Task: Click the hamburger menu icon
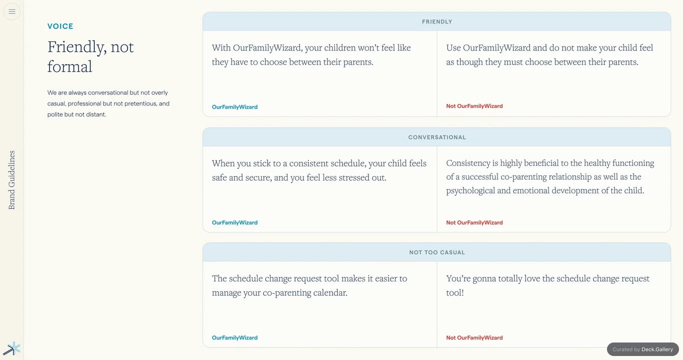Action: [x=12, y=11]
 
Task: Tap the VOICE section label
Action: [x=60, y=26]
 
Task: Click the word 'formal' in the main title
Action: [x=69, y=66]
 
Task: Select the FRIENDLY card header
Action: [x=436, y=21]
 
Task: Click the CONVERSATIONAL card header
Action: [x=436, y=137]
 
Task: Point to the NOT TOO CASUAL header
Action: [x=436, y=252]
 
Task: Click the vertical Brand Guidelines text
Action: [x=11, y=180]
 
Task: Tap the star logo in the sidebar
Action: [x=12, y=348]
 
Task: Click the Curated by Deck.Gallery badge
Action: [x=643, y=349]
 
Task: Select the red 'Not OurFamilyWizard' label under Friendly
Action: [x=474, y=106]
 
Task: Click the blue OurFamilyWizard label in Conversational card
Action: [x=235, y=222]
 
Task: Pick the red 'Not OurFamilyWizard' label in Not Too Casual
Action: [x=474, y=337]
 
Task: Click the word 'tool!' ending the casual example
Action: [x=455, y=292]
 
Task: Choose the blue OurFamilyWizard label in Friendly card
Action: [x=235, y=107]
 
